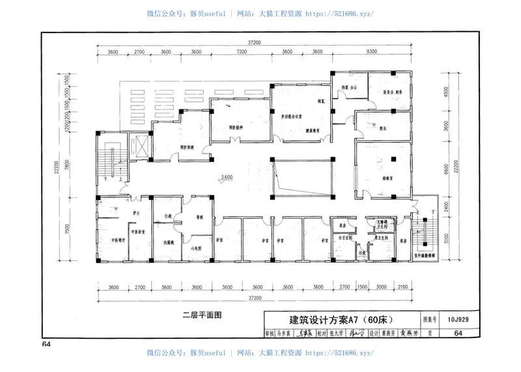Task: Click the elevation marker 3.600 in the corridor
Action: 227,177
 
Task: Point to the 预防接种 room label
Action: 236,127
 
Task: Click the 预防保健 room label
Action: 188,147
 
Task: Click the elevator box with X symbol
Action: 139,145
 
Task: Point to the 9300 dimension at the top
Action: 372,51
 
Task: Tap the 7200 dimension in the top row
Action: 241,51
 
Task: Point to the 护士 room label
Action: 136,213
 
